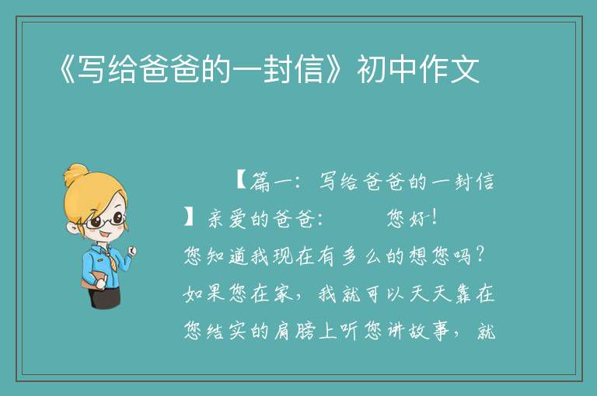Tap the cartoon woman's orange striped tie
pyautogui.click(x=111, y=261)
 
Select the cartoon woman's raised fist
pyautogui.click(x=131, y=251)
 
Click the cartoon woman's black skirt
pyautogui.click(x=106, y=296)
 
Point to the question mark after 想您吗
pyautogui.click(x=480, y=255)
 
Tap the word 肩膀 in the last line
pyautogui.click(x=295, y=331)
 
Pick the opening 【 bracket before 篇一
pyautogui.click(x=241, y=180)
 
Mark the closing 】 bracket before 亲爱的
pyautogui.click(x=189, y=217)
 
